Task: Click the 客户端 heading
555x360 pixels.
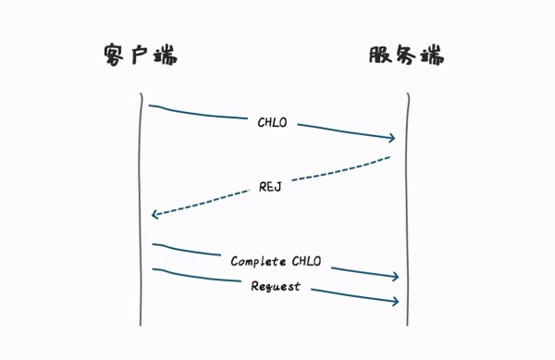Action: tap(140, 55)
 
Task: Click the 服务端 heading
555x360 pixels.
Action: tap(406, 55)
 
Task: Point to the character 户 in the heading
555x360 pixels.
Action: tap(139, 55)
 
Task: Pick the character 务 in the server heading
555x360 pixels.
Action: tap(405, 55)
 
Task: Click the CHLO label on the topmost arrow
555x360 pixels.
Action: tap(273, 121)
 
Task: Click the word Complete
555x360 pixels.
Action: tap(258, 262)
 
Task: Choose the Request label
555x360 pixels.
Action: tap(276, 287)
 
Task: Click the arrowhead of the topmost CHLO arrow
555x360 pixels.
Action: tap(393, 139)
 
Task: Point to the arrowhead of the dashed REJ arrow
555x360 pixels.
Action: tap(154, 215)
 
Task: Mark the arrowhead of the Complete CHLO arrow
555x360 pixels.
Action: tap(395, 277)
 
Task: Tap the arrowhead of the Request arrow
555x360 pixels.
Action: tap(395, 302)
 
